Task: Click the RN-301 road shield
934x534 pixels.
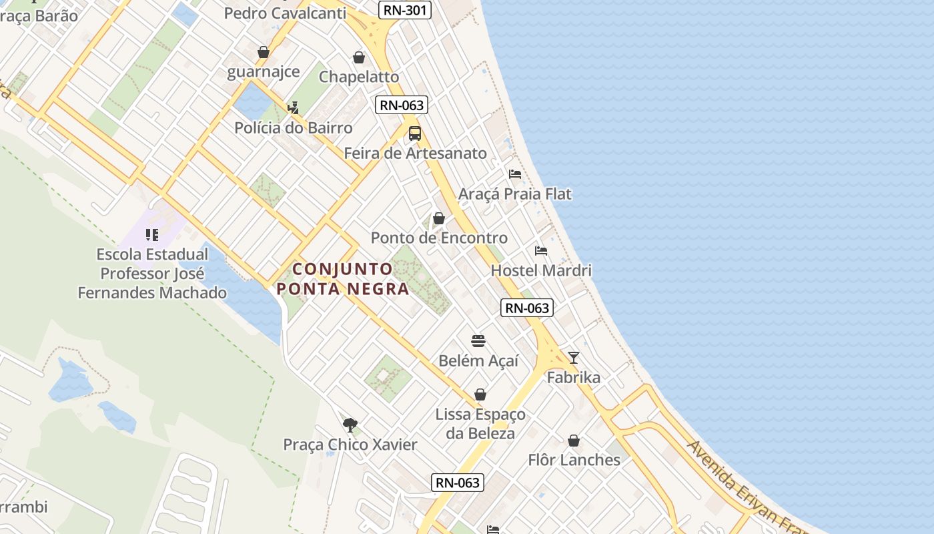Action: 404,10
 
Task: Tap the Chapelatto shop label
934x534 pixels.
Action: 359,76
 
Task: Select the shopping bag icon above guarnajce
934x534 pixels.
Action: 264,52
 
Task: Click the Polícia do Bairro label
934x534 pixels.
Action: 294,127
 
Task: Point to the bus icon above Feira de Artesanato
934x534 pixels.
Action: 415,133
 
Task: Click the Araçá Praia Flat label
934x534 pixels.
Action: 515,194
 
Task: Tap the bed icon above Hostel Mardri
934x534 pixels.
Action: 541,251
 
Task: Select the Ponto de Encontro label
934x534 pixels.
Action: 439,238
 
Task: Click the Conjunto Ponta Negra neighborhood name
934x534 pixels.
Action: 343,279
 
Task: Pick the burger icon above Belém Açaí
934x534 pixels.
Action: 478,341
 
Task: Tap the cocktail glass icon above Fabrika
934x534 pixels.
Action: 574,358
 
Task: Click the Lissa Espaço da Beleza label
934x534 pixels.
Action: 480,424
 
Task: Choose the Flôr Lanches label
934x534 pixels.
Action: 574,460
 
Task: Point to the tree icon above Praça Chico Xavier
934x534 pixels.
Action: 350,425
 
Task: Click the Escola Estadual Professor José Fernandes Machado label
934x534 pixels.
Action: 152,274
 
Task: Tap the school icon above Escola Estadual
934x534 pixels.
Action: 152,234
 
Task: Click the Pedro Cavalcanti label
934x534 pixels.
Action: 285,13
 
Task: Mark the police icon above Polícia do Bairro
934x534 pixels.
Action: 293,107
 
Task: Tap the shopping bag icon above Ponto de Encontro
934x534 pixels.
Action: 439,218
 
